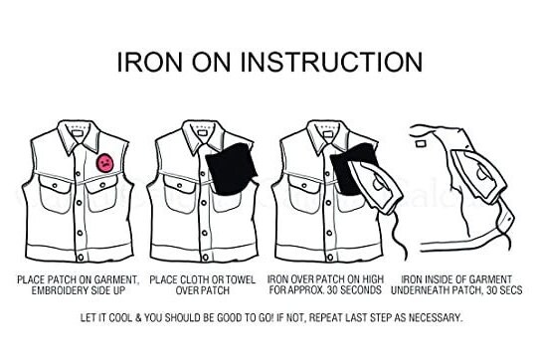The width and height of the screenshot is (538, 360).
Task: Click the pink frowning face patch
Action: click(105, 163)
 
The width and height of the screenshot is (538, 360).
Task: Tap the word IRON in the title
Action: click(150, 63)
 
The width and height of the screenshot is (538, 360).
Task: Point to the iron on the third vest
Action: click(375, 186)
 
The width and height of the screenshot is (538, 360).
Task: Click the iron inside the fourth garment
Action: click(478, 176)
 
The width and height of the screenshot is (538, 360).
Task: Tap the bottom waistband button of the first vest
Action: click(81, 257)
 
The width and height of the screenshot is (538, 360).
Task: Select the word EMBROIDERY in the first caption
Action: click(61, 290)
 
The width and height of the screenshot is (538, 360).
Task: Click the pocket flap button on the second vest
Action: click(179, 185)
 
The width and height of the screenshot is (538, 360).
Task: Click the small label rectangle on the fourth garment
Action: click(421, 143)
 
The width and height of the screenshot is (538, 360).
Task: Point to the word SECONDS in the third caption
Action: click(361, 290)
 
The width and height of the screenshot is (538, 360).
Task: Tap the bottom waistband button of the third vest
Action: click(330, 257)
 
